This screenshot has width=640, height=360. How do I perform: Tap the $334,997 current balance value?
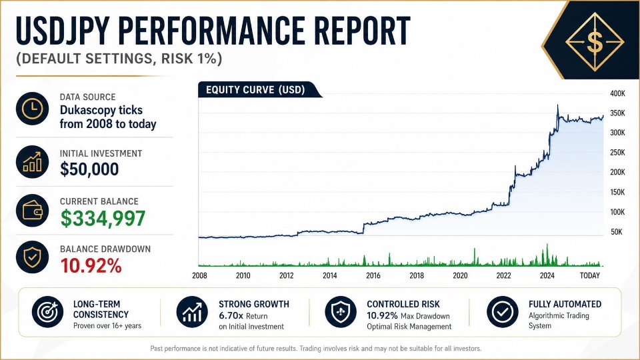(103, 219)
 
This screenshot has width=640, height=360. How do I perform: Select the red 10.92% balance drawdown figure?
(91, 266)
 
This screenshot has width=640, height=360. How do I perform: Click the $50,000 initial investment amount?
(89, 169)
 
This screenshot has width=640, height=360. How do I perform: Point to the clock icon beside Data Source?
(32, 109)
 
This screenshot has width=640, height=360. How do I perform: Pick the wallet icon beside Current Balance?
(32, 211)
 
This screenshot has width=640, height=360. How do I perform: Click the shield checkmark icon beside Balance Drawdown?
(32, 257)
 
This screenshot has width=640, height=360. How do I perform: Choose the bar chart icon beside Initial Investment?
(32, 161)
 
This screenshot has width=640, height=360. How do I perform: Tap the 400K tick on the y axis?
(617, 93)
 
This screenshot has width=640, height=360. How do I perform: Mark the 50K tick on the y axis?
(616, 232)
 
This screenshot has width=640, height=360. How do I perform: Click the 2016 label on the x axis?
(373, 275)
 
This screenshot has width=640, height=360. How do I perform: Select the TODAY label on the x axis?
(590, 275)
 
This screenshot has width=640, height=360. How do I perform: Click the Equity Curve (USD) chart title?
(255, 90)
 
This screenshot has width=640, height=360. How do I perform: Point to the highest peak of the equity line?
(558, 105)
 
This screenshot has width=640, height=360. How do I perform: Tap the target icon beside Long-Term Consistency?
(48, 312)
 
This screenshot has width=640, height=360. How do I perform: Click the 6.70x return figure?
(231, 316)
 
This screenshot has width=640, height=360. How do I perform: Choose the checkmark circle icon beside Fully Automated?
(503, 312)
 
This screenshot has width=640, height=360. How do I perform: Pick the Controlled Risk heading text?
(403, 304)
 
